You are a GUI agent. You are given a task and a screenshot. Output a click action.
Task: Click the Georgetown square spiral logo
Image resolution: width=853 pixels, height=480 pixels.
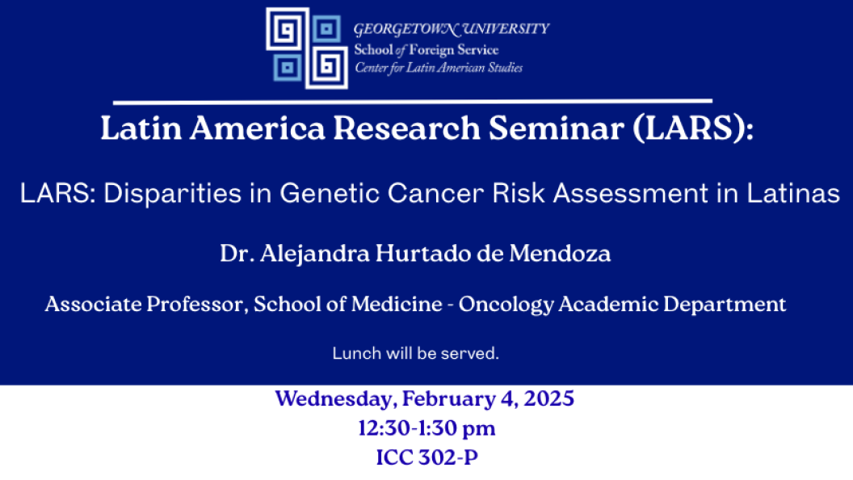(x=307, y=48)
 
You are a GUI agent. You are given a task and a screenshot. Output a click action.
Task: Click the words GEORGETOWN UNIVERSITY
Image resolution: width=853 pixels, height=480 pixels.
(x=452, y=29)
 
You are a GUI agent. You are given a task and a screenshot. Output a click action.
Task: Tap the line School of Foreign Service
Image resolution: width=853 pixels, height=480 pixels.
(x=426, y=50)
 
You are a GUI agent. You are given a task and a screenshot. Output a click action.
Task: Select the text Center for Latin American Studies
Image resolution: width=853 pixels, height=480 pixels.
(x=439, y=68)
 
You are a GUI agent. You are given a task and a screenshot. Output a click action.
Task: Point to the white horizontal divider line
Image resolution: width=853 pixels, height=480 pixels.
(x=412, y=101)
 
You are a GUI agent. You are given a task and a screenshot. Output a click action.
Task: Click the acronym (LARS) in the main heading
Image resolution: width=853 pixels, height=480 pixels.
(x=693, y=128)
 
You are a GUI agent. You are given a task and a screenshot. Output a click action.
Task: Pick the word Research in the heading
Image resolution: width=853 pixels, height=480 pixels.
(x=405, y=128)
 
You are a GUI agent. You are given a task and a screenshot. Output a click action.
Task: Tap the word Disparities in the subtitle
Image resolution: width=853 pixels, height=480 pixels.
(x=172, y=194)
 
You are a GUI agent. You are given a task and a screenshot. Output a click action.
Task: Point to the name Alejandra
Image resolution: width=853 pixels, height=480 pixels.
(x=314, y=254)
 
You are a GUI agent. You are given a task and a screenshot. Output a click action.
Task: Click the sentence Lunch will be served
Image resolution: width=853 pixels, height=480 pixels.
(x=416, y=353)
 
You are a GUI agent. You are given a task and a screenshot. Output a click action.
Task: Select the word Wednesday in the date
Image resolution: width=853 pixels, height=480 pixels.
(x=336, y=399)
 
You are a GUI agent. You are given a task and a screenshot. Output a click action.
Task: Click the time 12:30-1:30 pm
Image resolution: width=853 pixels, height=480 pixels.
(x=426, y=428)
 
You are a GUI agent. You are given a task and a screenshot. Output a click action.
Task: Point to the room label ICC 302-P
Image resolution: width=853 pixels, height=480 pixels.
(x=427, y=457)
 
